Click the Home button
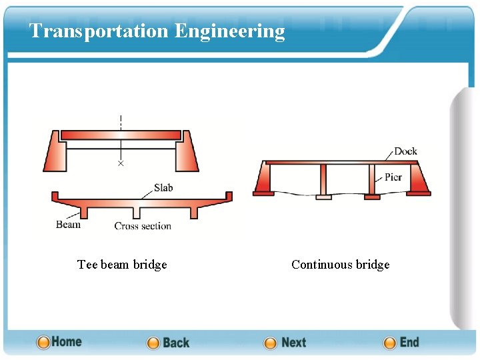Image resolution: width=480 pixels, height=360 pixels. coord(59,342)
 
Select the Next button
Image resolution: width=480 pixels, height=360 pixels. coord(285,343)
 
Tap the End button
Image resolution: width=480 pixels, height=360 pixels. coord(401,343)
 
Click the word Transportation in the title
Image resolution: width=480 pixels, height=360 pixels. coord(99,31)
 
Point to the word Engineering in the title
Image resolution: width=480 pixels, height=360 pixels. coord(230,31)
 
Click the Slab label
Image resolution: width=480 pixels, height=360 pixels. coord(163,188)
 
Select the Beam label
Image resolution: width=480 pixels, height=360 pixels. coord(68,225)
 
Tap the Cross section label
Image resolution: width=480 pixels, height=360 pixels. coord(143,226)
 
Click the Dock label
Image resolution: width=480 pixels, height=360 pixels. coord(405,151)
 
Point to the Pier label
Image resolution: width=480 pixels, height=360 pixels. coord(393,177)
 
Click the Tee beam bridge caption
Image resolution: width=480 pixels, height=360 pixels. coord(122,265)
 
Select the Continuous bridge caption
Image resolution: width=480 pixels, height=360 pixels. coord(340,265)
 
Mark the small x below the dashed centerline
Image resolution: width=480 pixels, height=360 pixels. coord(121,163)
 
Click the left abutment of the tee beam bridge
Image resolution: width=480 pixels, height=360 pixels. coord(55,152)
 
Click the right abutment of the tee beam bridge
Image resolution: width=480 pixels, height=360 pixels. coord(186,152)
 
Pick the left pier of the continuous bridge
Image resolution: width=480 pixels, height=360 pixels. coord(323,181)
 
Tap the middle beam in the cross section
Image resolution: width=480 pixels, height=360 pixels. coord(136,212)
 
